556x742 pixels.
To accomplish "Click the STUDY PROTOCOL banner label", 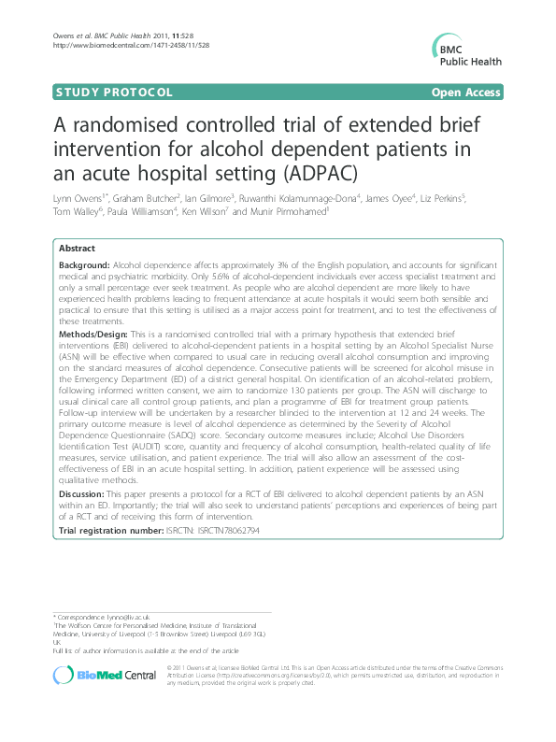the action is [115, 93].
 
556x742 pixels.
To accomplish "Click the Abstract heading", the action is [77, 249].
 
